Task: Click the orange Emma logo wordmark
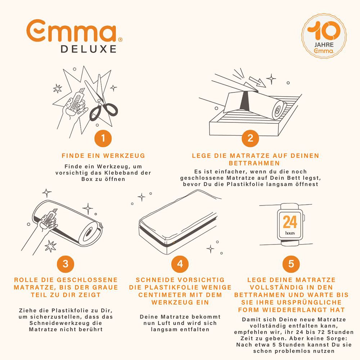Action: click(74, 31)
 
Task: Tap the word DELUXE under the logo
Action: click(89, 49)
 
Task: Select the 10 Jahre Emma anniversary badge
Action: click(324, 36)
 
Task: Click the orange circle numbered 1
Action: click(103, 139)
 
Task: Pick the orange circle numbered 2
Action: click(250, 138)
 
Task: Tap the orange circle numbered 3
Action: click(66, 264)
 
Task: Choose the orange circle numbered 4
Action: click(180, 264)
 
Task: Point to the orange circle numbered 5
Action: click(291, 264)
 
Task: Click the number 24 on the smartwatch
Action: click(290, 222)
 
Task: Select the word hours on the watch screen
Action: click(290, 233)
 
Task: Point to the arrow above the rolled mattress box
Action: click(257, 81)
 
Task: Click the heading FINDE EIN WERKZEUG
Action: click(103, 156)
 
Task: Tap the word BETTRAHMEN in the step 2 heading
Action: click(254, 163)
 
